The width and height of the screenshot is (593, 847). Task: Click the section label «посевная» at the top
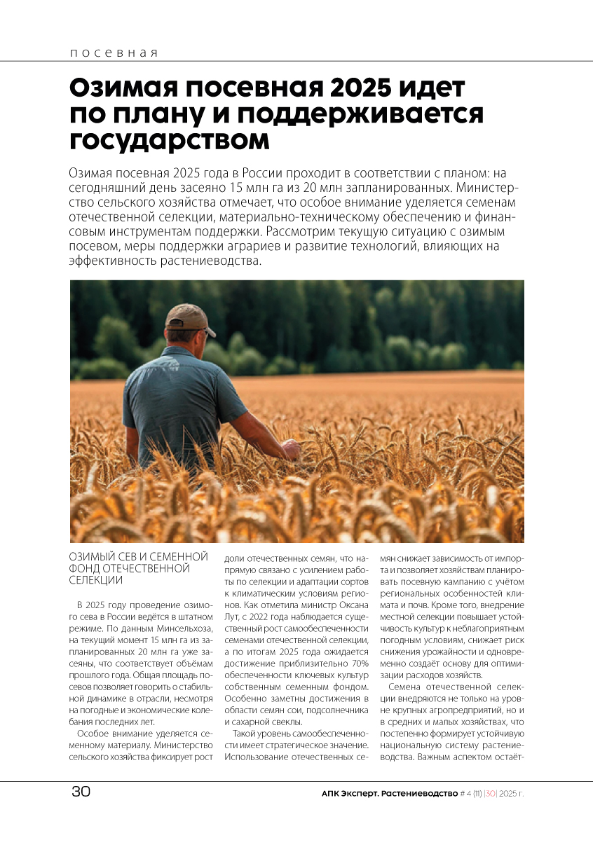(114, 53)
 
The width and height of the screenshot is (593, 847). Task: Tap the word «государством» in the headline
(170, 139)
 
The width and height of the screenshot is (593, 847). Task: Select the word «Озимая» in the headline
(119, 88)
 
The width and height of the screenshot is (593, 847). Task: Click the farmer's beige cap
(188, 317)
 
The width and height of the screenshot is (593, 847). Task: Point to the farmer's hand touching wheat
(290, 448)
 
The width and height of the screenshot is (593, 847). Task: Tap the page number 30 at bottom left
(81, 792)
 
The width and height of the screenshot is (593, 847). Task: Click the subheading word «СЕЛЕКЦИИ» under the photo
(96, 580)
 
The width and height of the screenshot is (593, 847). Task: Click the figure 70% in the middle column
(359, 663)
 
